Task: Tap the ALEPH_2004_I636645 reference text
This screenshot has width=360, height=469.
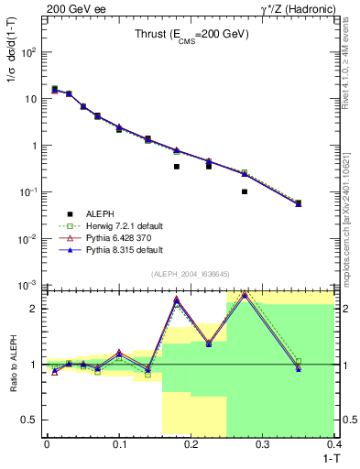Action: [190, 274]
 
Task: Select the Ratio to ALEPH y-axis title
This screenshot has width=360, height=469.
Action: [12, 364]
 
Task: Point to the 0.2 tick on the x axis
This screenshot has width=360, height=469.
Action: [191, 445]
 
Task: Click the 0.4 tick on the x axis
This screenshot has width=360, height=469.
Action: [334, 445]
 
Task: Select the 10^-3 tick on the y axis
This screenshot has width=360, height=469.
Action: [29, 285]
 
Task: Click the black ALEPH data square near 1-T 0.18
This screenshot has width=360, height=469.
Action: [177, 167]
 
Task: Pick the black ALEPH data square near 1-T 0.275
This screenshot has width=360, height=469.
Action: [245, 191]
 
